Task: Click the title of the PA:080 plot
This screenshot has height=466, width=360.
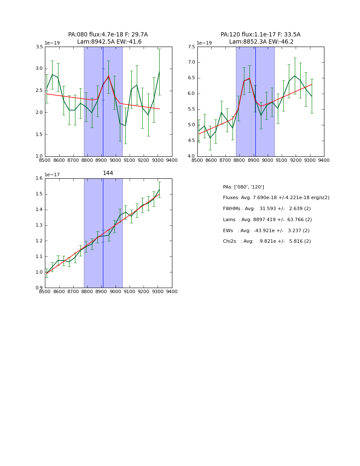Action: (108, 38)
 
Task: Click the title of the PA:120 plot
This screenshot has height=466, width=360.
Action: (260, 38)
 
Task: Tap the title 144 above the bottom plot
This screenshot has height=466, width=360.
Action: (108, 173)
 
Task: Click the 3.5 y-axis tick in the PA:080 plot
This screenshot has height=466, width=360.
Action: (39, 47)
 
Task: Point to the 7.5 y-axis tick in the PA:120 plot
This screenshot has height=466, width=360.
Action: (192, 47)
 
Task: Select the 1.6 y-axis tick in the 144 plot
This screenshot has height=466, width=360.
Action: (39, 178)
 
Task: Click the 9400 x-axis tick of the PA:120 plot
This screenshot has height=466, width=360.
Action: (324, 161)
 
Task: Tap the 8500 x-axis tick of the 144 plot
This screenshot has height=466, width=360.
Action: (45, 292)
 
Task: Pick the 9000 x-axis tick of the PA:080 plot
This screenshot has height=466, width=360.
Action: (115, 161)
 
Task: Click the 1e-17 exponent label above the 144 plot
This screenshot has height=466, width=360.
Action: (53, 175)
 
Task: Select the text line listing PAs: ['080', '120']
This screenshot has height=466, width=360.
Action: (244, 187)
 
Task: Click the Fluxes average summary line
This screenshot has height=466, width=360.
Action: (276, 198)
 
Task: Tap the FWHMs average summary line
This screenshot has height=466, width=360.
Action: (267, 209)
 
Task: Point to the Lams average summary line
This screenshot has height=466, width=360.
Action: (267, 220)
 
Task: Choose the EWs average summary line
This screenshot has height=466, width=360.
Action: (266, 231)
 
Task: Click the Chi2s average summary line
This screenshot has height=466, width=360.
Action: (267, 241)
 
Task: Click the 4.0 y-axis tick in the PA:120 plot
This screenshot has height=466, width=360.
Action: (192, 156)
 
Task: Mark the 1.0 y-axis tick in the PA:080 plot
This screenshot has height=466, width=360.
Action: (39, 156)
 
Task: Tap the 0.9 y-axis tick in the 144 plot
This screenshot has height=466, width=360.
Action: (39, 288)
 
